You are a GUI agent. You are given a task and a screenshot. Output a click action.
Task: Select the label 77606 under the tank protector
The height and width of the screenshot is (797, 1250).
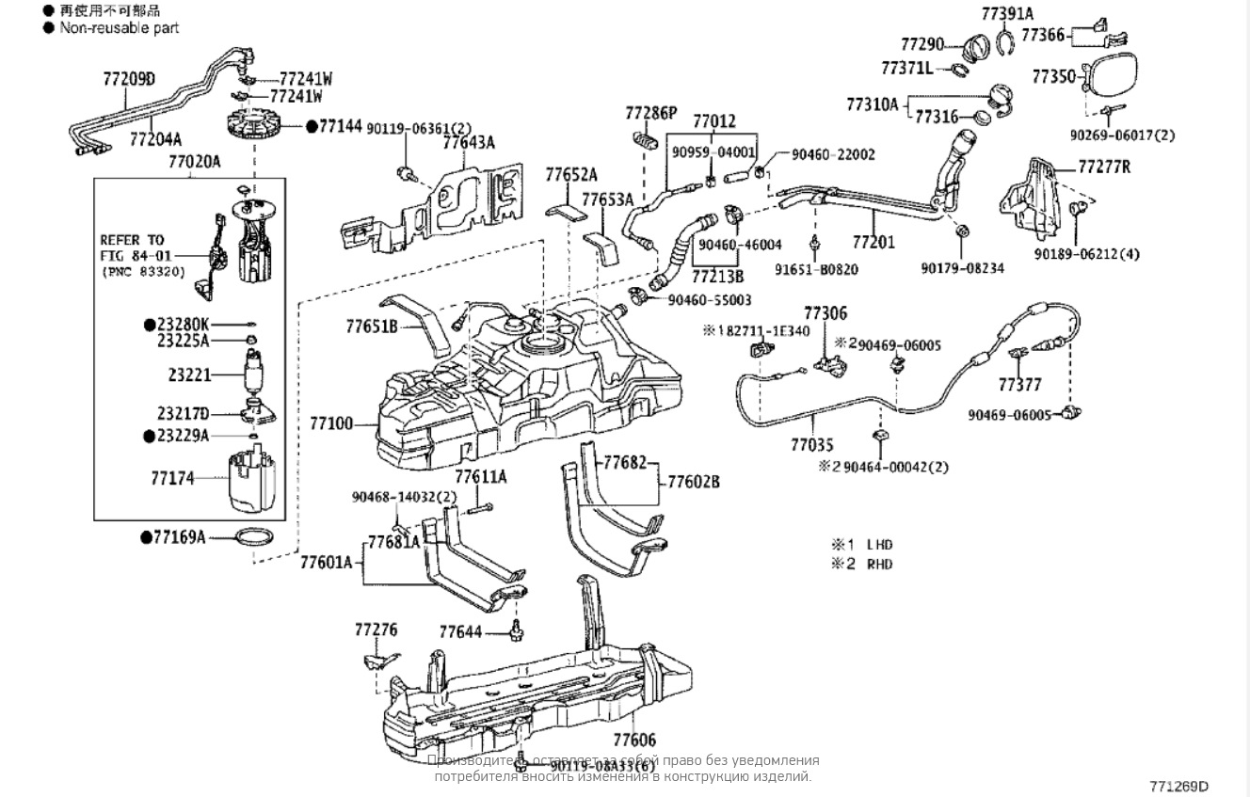click(x=634, y=741)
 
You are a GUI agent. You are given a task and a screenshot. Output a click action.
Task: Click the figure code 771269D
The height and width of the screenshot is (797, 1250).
click(x=1178, y=786)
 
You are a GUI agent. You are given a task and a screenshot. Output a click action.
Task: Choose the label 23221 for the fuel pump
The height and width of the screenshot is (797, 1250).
click(x=190, y=375)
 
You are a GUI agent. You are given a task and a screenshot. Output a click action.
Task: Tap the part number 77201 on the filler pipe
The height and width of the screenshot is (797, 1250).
click(x=873, y=243)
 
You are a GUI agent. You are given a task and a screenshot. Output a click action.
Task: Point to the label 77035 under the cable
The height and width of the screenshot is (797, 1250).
click(x=811, y=443)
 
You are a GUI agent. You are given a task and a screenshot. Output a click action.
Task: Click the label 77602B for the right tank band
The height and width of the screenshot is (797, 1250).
click(x=694, y=481)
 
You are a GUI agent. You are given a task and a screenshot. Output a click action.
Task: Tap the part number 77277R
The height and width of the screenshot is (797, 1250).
click(x=1104, y=168)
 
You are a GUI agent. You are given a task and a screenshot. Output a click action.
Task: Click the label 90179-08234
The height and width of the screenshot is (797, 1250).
click(x=961, y=268)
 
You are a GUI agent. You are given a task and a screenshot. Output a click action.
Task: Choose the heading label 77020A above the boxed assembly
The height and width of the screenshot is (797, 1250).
click(x=194, y=162)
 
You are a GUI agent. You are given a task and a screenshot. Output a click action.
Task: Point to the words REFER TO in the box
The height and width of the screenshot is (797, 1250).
click(x=132, y=241)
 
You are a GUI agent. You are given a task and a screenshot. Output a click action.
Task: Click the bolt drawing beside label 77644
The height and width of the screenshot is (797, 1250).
click(x=516, y=631)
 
